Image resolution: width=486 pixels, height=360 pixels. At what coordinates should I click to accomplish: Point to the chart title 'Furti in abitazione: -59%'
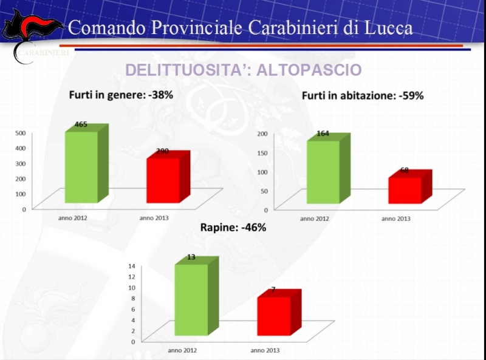click(363, 95)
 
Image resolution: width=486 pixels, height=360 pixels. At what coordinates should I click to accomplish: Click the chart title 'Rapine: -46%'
click(233, 228)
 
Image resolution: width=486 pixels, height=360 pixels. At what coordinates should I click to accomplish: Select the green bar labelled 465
click(81, 167)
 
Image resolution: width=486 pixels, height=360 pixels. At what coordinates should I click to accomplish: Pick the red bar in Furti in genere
click(163, 180)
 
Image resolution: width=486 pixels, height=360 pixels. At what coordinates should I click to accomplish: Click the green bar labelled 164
click(323, 172)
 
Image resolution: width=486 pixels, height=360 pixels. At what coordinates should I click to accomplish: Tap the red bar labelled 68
click(405, 191)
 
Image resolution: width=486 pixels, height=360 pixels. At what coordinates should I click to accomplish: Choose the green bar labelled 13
click(191, 299)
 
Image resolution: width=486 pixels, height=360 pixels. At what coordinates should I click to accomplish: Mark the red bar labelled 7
click(273, 316)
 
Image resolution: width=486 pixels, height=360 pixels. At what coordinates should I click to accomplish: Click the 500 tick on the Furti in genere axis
click(20, 133)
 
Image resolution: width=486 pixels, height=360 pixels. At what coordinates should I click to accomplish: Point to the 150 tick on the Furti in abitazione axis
click(262, 152)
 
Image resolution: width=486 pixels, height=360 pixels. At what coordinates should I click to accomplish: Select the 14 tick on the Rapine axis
click(131, 266)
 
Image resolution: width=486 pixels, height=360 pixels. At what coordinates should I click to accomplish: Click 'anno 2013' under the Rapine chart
click(265, 350)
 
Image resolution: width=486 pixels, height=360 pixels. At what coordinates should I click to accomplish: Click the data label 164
click(323, 134)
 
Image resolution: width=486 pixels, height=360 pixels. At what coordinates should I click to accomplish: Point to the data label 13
click(191, 257)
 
